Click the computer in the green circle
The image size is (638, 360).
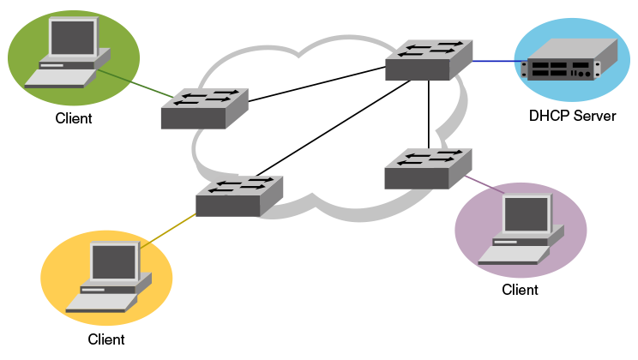69,53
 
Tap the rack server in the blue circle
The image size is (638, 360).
569,61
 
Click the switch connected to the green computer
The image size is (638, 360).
203,109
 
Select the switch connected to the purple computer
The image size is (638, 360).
427,169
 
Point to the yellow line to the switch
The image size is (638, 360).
169,231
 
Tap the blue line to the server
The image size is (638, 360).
496,61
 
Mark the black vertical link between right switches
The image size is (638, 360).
429,116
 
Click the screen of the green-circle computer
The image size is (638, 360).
72,37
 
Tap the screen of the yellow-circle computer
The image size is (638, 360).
114,261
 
